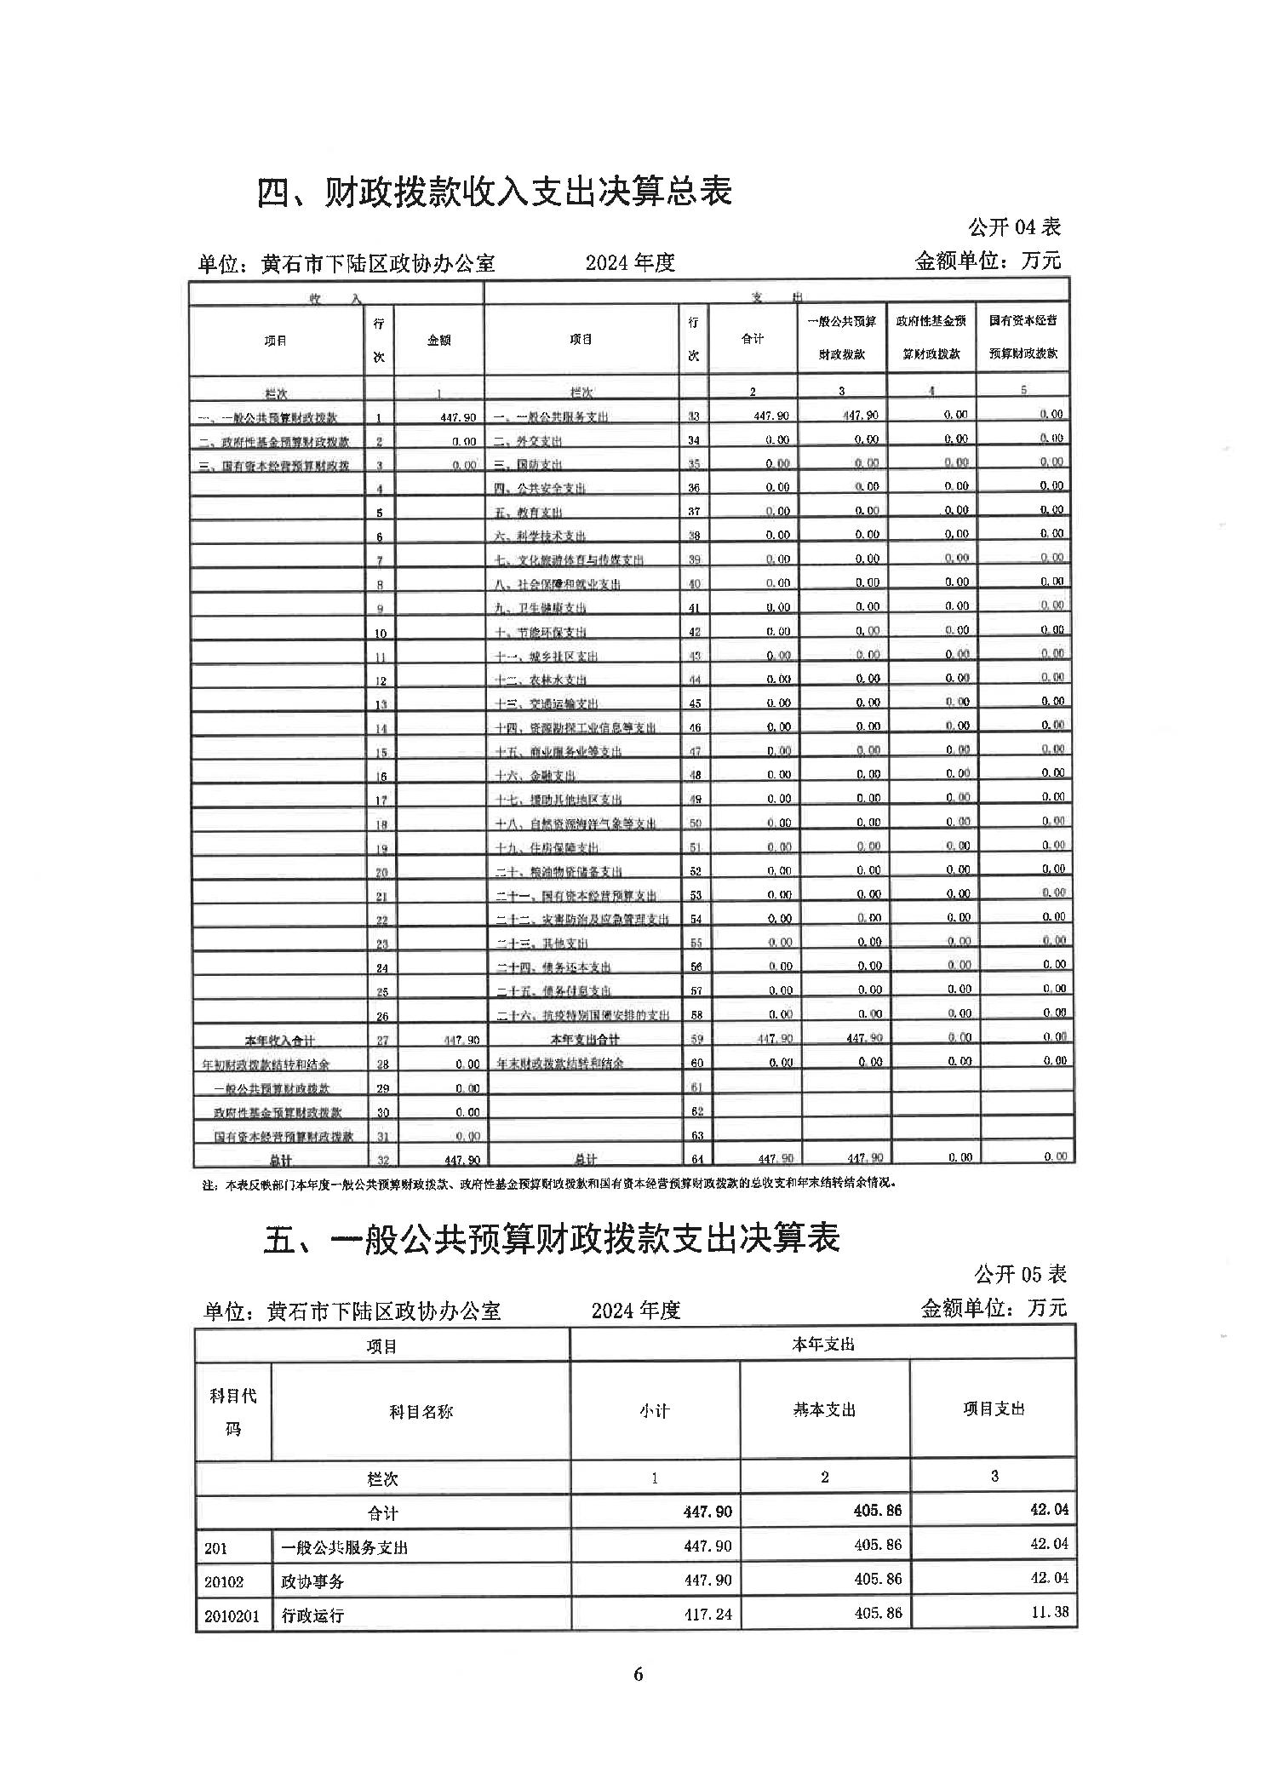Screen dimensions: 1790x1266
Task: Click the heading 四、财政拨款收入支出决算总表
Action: [494, 192]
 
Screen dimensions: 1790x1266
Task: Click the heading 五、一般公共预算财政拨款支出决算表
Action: [552, 1238]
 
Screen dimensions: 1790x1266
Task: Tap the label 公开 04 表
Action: [1013, 227]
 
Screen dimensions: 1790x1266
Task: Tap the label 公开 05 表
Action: [1019, 1274]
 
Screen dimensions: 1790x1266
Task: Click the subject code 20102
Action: [224, 1581]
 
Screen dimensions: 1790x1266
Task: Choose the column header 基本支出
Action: [823, 1409]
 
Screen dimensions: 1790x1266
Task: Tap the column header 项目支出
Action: [994, 1408]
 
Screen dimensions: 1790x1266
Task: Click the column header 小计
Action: [654, 1411]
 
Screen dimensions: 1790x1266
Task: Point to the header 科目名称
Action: [421, 1411]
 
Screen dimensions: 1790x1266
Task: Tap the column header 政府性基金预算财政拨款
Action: [931, 337]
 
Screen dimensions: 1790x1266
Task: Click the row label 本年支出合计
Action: [584, 1039]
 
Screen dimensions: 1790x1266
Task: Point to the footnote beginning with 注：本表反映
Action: [548, 1184]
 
